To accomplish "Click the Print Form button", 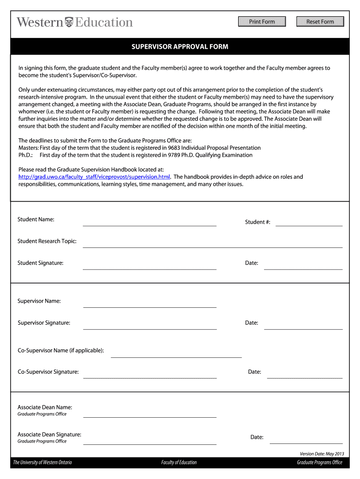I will (262, 22).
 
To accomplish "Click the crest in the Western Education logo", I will (69, 22).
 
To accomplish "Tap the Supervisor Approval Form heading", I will (180, 47).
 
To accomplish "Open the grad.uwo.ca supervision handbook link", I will (94, 177).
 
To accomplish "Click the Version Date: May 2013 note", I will (322, 454).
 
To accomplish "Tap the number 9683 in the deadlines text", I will (175, 148).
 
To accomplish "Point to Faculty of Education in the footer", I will (179, 463).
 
